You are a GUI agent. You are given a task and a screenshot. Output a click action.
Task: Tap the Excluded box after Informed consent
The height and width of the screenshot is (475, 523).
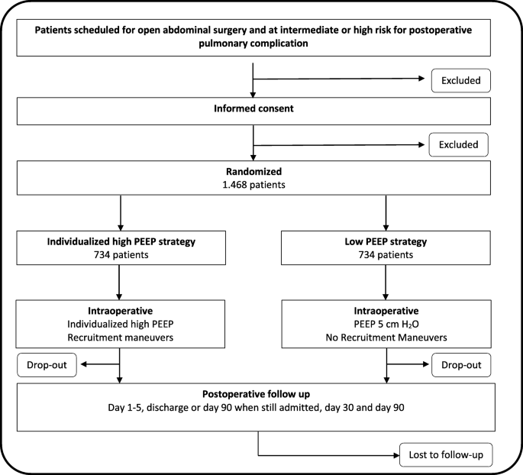[x=458, y=144]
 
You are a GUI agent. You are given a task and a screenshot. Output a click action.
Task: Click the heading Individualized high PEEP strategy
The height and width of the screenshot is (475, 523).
[x=121, y=242]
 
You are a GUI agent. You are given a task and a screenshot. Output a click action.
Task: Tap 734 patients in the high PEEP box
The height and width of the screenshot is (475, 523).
[x=121, y=256]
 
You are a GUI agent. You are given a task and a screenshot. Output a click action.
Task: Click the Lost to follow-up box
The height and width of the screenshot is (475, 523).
[x=446, y=455]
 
